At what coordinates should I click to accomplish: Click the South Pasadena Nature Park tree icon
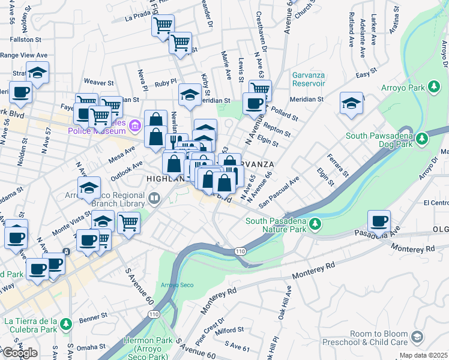pyautogui.click(x=314, y=225)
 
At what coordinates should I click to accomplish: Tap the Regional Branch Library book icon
pyautogui.click(x=155, y=198)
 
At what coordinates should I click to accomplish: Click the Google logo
pyautogui.click(x=20, y=353)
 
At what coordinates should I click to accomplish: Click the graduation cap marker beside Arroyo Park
pyautogui.click(x=352, y=103)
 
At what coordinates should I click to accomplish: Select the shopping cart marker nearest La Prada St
pyautogui.click(x=163, y=26)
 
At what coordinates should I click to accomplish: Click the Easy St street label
pyautogui.click(x=362, y=75)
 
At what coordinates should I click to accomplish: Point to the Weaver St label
pyautogui.click(x=99, y=82)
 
